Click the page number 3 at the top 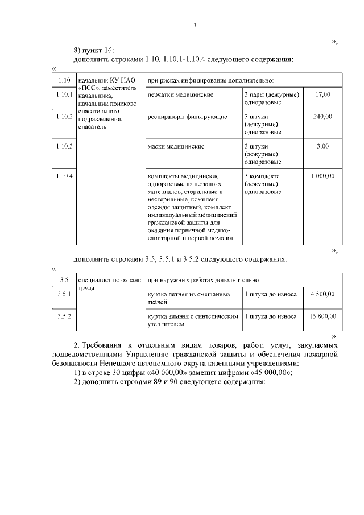point(195,25)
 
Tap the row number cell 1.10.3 point(64,146)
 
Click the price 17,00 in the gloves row point(322,94)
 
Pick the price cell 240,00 point(322,117)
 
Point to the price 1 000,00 point(322,176)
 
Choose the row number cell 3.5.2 point(64,315)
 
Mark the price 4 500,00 point(322,294)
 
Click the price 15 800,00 point(322,315)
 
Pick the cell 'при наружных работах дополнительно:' point(204,280)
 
